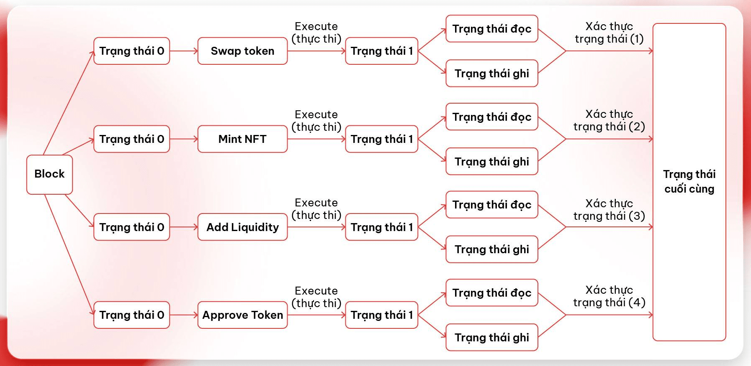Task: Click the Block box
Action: coord(49,174)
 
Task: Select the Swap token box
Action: coord(242,51)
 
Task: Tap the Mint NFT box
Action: coord(242,139)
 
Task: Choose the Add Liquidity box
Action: coord(242,227)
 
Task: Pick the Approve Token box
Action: coord(242,315)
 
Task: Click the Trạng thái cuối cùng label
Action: coord(689,181)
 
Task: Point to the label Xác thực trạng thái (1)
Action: coord(609,33)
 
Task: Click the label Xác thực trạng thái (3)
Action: coord(609,210)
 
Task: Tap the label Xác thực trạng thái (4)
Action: coord(609,296)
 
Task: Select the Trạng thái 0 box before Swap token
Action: coord(131,51)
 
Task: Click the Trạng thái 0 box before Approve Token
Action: coord(131,315)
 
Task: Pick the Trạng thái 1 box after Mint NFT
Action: coord(381,139)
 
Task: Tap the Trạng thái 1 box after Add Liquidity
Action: coord(381,227)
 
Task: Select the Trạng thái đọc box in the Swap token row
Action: coord(491,29)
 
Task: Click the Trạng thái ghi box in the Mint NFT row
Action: coord(491,162)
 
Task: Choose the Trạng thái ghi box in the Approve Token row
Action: coord(491,338)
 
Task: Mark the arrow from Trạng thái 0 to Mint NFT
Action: coord(183,139)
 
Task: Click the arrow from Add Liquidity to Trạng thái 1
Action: coord(316,227)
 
